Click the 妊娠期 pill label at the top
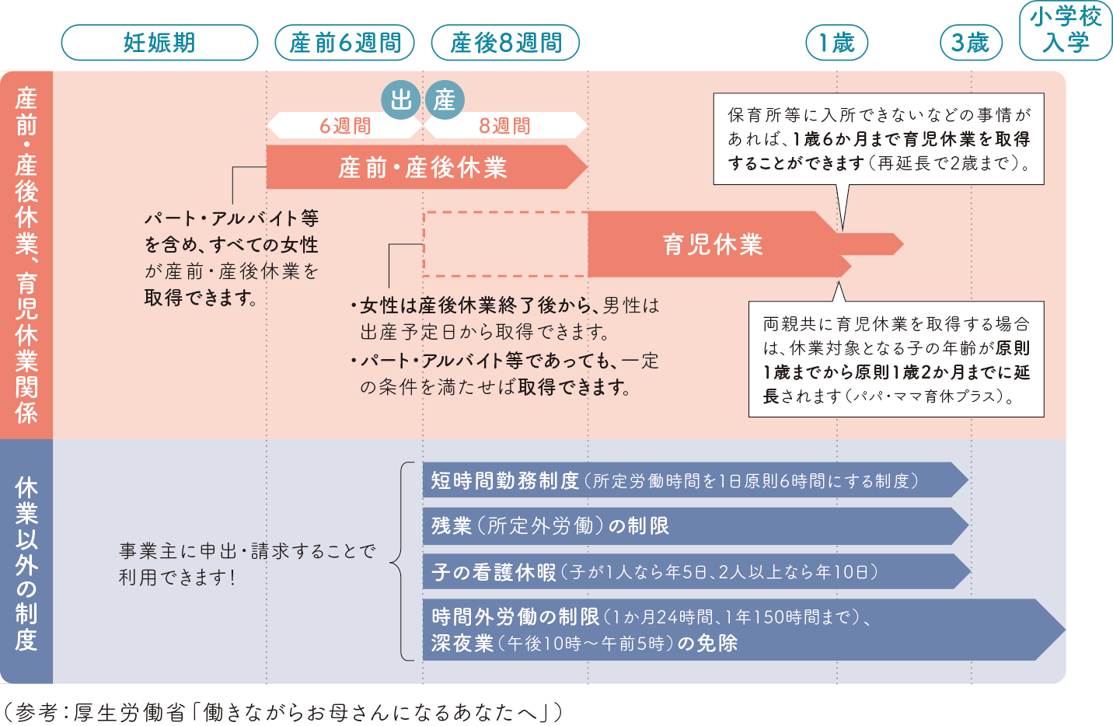click(159, 43)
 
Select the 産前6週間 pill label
click(345, 43)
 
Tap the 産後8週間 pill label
click(506, 43)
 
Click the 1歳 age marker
click(837, 43)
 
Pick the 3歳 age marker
click(971, 43)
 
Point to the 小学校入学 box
click(1066, 30)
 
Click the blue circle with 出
click(400, 100)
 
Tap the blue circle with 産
click(445, 100)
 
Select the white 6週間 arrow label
click(345, 126)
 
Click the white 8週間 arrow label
click(505, 126)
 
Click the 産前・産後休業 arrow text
click(423, 167)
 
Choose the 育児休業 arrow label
click(713, 244)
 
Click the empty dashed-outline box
click(505, 244)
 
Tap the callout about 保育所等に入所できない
click(878, 139)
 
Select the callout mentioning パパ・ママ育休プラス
click(895, 359)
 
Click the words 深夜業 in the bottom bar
click(462, 644)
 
